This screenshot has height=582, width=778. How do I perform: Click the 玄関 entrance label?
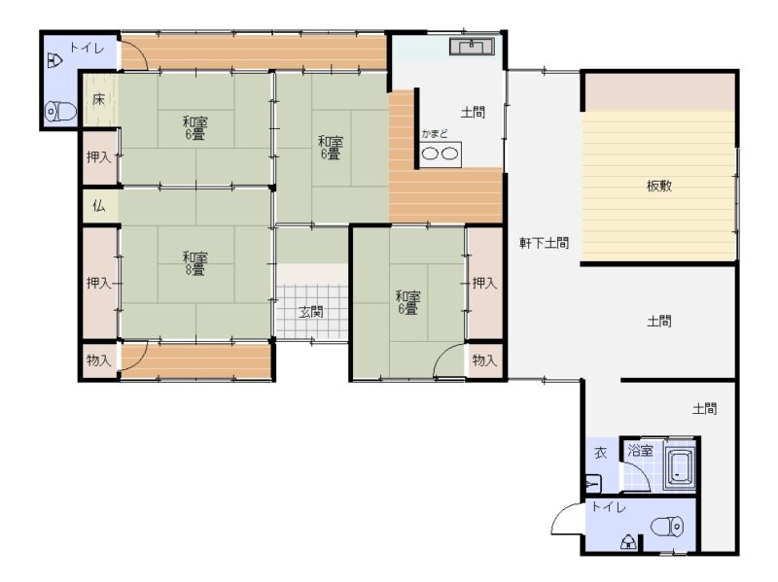[x=311, y=312]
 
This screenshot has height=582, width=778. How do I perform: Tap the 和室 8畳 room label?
[x=194, y=263]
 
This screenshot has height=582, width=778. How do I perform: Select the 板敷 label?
[x=659, y=186]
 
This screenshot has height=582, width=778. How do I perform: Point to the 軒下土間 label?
[x=544, y=243]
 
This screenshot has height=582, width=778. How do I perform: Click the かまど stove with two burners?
[x=441, y=154]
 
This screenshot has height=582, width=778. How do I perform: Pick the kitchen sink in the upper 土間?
[x=472, y=47]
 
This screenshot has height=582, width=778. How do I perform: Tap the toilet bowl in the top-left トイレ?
[x=61, y=112]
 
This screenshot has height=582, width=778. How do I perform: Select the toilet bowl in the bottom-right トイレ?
[x=667, y=527]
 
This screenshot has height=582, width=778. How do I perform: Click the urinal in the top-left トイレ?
[x=54, y=61]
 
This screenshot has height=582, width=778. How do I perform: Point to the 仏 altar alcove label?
[x=99, y=205]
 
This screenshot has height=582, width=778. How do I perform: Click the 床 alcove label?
[x=99, y=99]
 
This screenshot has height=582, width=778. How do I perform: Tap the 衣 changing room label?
[x=600, y=453]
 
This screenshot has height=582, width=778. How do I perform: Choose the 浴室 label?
[x=640, y=451]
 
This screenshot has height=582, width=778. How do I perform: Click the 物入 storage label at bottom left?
[x=99, y=360]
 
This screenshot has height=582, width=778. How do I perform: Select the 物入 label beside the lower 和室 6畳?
[x=484, y=359]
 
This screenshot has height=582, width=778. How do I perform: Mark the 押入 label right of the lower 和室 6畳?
[x=484, y=283]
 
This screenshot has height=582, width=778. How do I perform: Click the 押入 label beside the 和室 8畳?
[x=99, y=283]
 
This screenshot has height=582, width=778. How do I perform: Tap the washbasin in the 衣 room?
[x=594, y=483]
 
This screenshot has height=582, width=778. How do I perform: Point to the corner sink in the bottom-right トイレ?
[x=628, y=542]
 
